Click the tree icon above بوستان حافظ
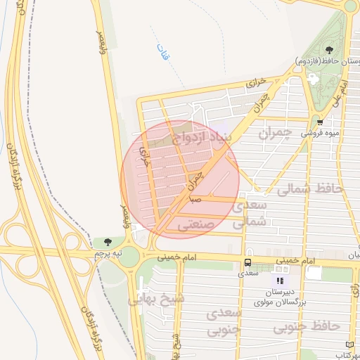330,50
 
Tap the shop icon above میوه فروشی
320,121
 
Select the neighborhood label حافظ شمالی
309,188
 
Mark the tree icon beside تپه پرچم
108,241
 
